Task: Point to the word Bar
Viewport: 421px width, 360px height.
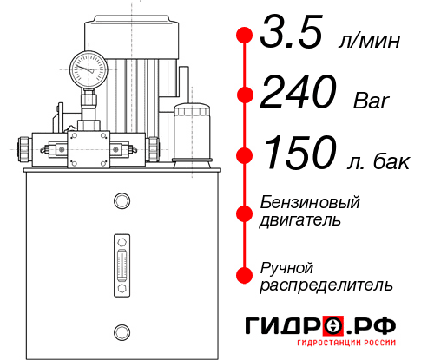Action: pyautogui.click(x=372, y=100)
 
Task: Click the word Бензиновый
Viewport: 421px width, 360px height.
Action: pyautogui.click(x=310, y=202)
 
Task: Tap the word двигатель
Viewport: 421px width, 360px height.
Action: pyautogui.click(x=300, y=219)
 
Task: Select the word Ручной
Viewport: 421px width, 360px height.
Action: pyautogui.click(x=286, y=266)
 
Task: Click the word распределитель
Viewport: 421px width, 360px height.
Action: pyautogui.click(x=326, y=284)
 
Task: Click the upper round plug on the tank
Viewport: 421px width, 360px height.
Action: pyautogui.click(x=121, y=202)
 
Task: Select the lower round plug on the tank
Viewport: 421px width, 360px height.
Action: pyautogui.click(x=121, y=331)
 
